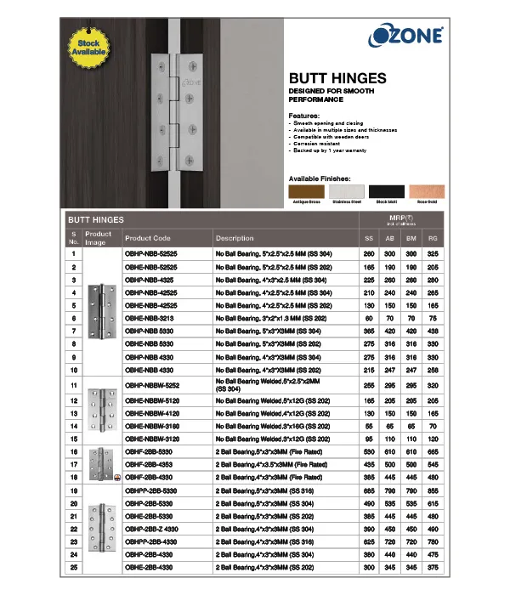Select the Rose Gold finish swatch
click(x=428, y=192)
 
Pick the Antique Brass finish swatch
click(x=306, y=192)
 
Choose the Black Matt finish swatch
click(x=387, y=192)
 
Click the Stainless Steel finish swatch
click(x=346, y=192)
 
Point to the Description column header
click(x=235, y=239)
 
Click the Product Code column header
click(x=148, y=239)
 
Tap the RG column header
click(x=433, y=239)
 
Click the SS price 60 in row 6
click(x=369, y=317)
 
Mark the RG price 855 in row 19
click(x=433, y=491)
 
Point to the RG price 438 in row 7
click(x=433, y=330)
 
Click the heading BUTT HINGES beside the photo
click(x=337, y=76)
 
